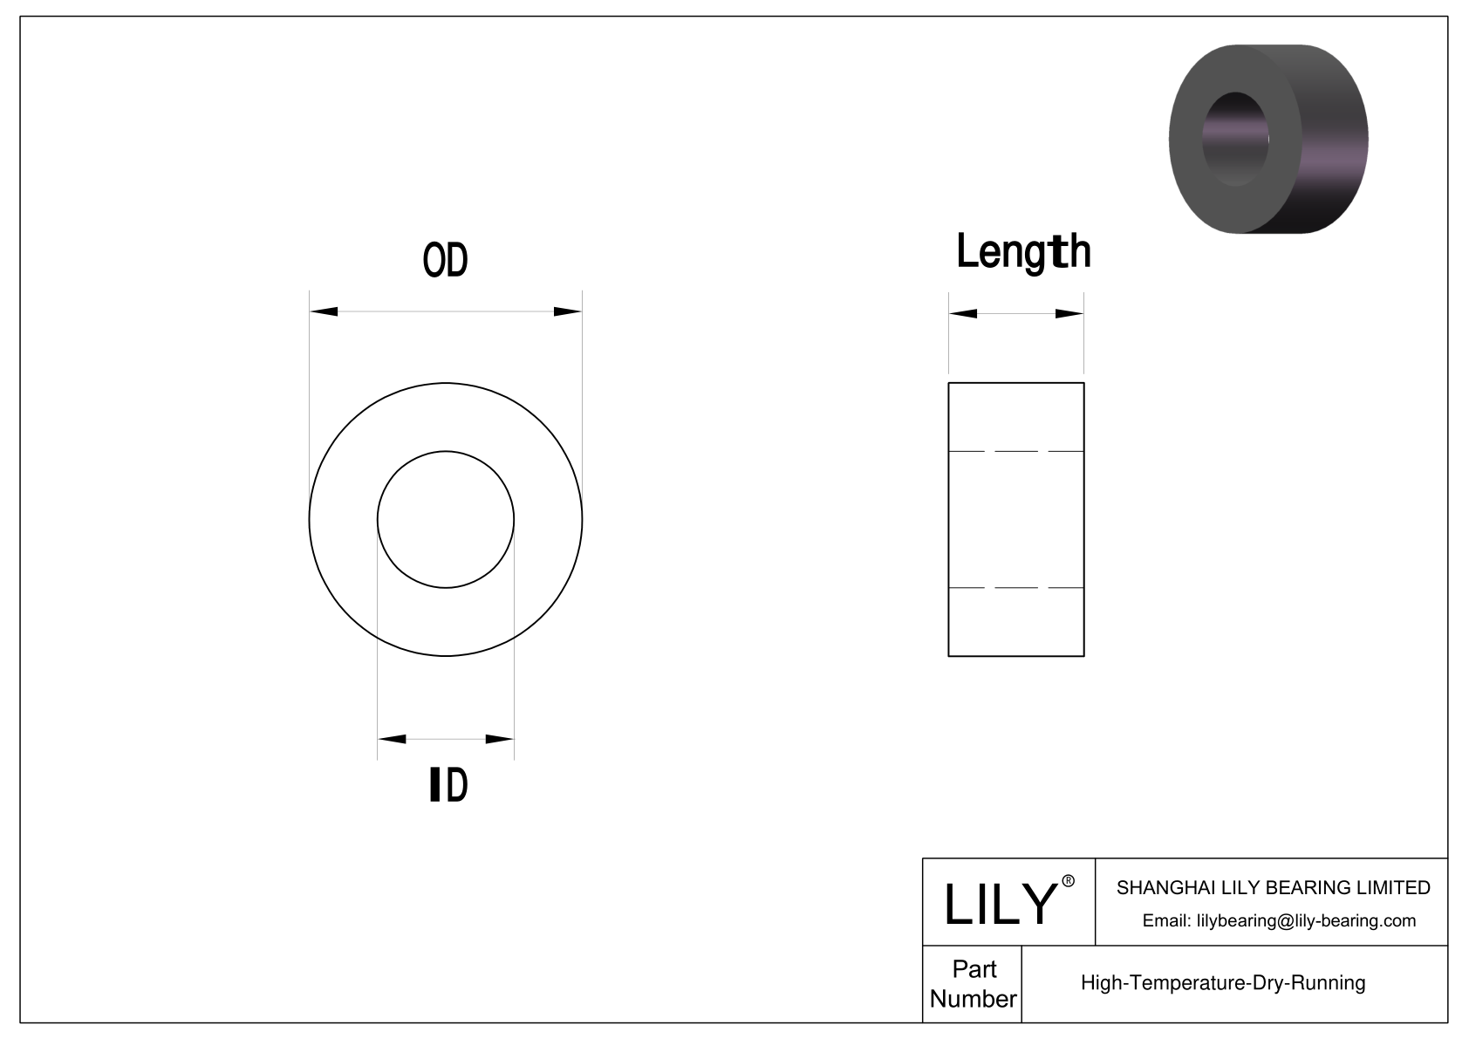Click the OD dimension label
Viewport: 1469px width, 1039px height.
click(445, 260)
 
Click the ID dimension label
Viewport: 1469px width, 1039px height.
click(449, 785)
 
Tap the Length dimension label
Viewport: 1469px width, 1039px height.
click(1022, 252)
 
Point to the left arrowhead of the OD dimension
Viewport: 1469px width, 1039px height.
click(325, 311)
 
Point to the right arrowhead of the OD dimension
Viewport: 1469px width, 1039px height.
click(567, 311)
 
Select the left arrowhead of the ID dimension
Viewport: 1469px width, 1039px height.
click(393, 740)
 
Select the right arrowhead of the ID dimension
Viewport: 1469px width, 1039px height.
click(499, 740)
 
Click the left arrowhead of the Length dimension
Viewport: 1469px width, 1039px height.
click(963, 314)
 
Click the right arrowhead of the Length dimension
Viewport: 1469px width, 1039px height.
click(1069, 314)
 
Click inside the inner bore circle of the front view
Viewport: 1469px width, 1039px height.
click(445, 519)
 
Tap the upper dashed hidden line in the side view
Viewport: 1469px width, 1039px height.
click(1016, 451)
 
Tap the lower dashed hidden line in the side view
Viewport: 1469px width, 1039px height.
click(1016, 588)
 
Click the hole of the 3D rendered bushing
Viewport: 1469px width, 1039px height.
click(1234, 138)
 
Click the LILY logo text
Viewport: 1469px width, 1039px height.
click(1000, 904)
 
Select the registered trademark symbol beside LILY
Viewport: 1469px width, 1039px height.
click(1068, 881)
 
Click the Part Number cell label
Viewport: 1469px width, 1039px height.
click(973, 984)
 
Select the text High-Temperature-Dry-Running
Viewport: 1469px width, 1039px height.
click(1222, 983)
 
